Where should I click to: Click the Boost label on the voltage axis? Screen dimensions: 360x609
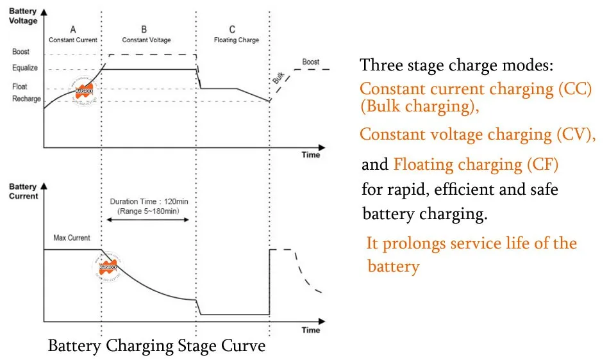(x=21, y=52)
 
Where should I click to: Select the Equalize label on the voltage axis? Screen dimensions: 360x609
(x=24, y=69)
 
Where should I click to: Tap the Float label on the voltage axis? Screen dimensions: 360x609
(x=20, y=86)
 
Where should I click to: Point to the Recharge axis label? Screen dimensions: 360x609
(x=26, y=99)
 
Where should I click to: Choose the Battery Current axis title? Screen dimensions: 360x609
(x=23, y=191)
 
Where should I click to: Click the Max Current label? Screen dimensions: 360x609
(x=72, y=238)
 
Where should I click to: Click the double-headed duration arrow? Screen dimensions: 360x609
(x=147, y=220)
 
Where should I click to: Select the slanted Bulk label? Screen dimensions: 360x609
(x=278, y=78)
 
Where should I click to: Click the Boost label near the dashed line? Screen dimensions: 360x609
(x=311, y=62)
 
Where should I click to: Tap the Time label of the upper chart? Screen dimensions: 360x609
(x=311, y=155)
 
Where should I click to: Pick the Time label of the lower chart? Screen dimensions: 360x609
(x=311, y=330)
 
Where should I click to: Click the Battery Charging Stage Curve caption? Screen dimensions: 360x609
(x=156, y=347)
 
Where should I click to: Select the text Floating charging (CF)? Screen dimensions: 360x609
(x=476, y=165)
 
